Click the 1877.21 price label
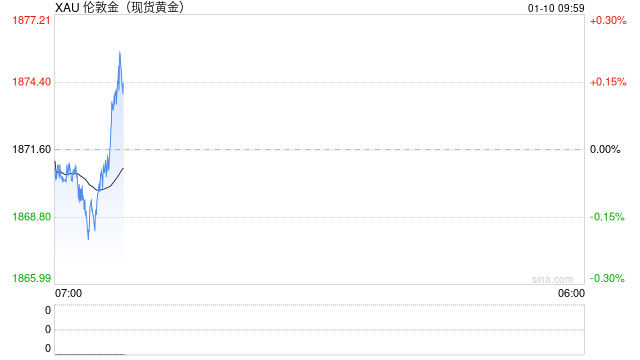pyautogui.click(x=31, y=20)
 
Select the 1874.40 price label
pyautogui.click(x=31, y=82)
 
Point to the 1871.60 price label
pyautogui.click(x=31, y=149)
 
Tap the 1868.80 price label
pyautogui.click(x=31, y=216)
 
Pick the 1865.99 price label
pyautogui.click(x=31, y=278)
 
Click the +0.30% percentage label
pyautogui.click(x=608, y=20)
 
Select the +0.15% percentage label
pyautogui.click(x=608, y=82)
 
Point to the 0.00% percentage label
pyautogui.click(x=605, y=149)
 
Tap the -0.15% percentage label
pyautogui.click(x=607, y=217)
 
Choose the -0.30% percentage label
pyautogui.click(x=607, y=278)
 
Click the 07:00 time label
pyautogui.click(x=68, y=293)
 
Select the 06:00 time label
pyautogui.click(x=571, y=293)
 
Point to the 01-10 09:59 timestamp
pyautogui.click(x=556, y=8)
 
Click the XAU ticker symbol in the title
pyautogui.click(x=67, y=7)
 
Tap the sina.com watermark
pyautogui.click(x=552, y=279)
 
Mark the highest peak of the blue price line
pyautogui.click(x=120, y=51)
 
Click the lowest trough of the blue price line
pyautogui.click(x=88, y=239)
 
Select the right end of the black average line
pyautogui.click(x=123, y=168)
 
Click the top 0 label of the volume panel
pyautogui.click(x=48, y=310)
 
